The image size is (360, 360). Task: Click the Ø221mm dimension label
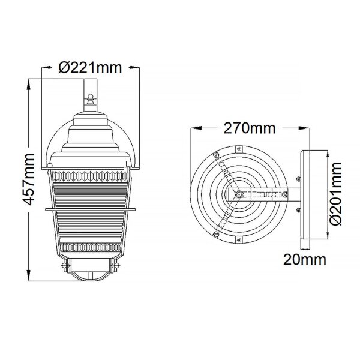click(90, 68)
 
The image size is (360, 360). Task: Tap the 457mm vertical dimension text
click(29, 179)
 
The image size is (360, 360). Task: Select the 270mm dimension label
click(250, 128)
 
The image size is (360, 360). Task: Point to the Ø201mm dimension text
click(335, 194)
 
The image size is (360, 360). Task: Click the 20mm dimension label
click(305, 260)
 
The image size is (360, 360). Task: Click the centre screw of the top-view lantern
click(239, 194)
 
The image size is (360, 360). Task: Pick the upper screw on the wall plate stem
click(299, 178)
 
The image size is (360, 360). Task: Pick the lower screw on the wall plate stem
click(299, 209)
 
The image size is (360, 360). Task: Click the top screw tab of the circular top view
click(239, 149)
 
